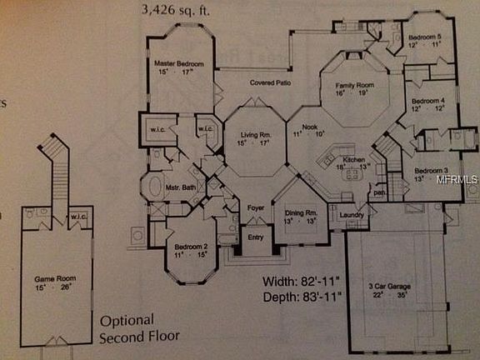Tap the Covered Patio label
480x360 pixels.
pyautogui.click(x=269, y=83)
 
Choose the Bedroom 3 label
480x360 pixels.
pyautogui.click(x=431, y=171)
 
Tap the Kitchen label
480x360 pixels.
pyautogui.click(x=354, y=158)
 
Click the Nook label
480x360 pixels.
pyautogui.click(x=310, y=126)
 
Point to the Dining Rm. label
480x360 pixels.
pyautogui.click(x=300, y=213)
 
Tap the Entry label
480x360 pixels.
pyautogui.click(x=255, y=237)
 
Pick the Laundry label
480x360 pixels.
pyautogui.click(x=352, y=216)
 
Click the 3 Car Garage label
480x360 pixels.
pyautogui.click(x=390, y=286)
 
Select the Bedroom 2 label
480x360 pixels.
pyautogui.click(x=190, y=247)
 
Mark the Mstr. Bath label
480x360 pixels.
pyautogui.click(x=180, y=187)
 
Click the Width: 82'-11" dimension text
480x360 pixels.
pyautogui.click(x=302, y=280)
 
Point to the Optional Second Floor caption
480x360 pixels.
pyautogui.click(x=139, y=329)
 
